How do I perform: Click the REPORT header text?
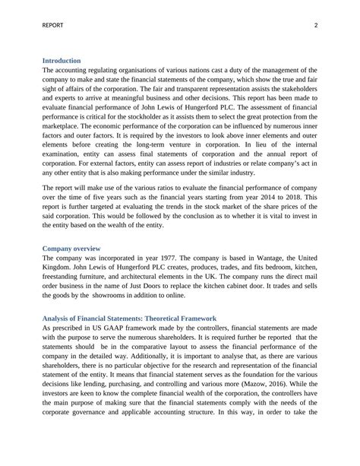(x=53, y=26)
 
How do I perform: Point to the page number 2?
(x=314, y=26)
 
